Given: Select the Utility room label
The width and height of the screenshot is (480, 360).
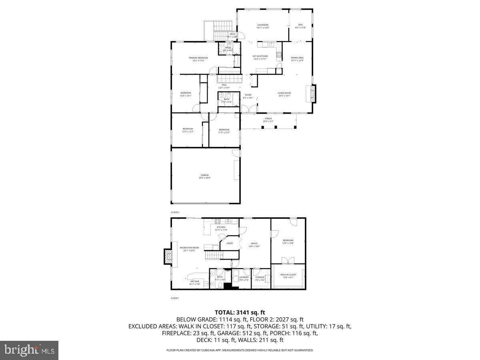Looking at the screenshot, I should (x=230, y=243).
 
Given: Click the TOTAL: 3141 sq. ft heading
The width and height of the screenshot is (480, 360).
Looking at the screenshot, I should (x=240, y=312).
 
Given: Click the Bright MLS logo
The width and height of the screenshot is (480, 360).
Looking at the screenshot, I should (x=29, y=350).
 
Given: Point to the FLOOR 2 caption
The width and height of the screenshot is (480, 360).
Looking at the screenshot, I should (x=175, y=212).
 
